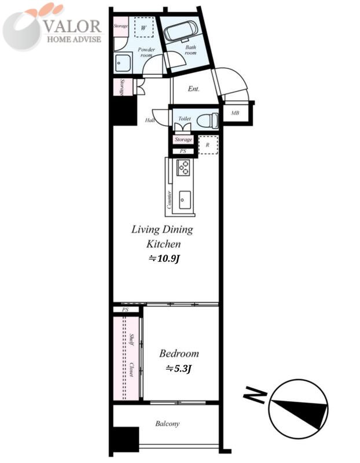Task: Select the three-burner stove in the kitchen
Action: pyautogui.click(x=183, y=167)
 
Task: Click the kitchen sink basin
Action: pyautogui.click(x=185, y=200)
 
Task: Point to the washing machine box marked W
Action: pyautogui.click(x=144, y=27)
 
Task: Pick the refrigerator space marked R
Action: pyautogui.click(x=208, y=145)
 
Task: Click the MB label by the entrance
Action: pyautogui.click(x=235, y=113)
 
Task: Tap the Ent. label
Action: pyautogui.click(x=193, y=89)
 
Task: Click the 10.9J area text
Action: pyautogui.click(x=164, y=259)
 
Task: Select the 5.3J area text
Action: pyautogui.click(x=179, y=369)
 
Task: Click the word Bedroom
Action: pyautogui.click(x=179, y=354)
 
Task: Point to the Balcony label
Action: pyautogui.click(x=167, y=424)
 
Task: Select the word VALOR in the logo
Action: pyautogui.click(x=73, y=27)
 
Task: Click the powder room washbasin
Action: pyautogui.click(x=123, y=63)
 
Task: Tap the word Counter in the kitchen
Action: pyautogui.click(x=169, y=200)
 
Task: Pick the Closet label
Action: pyautogui.click(x=131, y=369)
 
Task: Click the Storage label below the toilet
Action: pyautogui.click(x=183, y=139)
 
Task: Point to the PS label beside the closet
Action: pyautogui.click(x=126, y=310)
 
